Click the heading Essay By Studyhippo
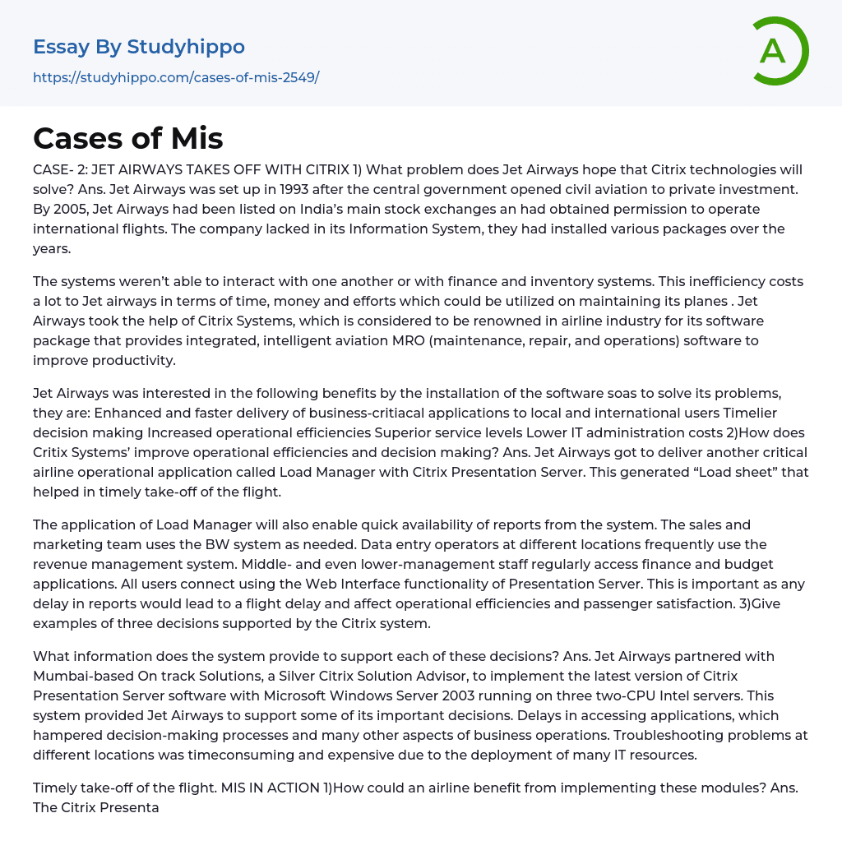click(x=139, y=47)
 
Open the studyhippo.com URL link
click(x=176, y=77)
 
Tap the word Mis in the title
click(x=193, y=138)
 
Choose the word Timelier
click(x=745, y=413)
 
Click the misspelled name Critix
click(x=54, y=452)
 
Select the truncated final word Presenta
click(x=130, y=807)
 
